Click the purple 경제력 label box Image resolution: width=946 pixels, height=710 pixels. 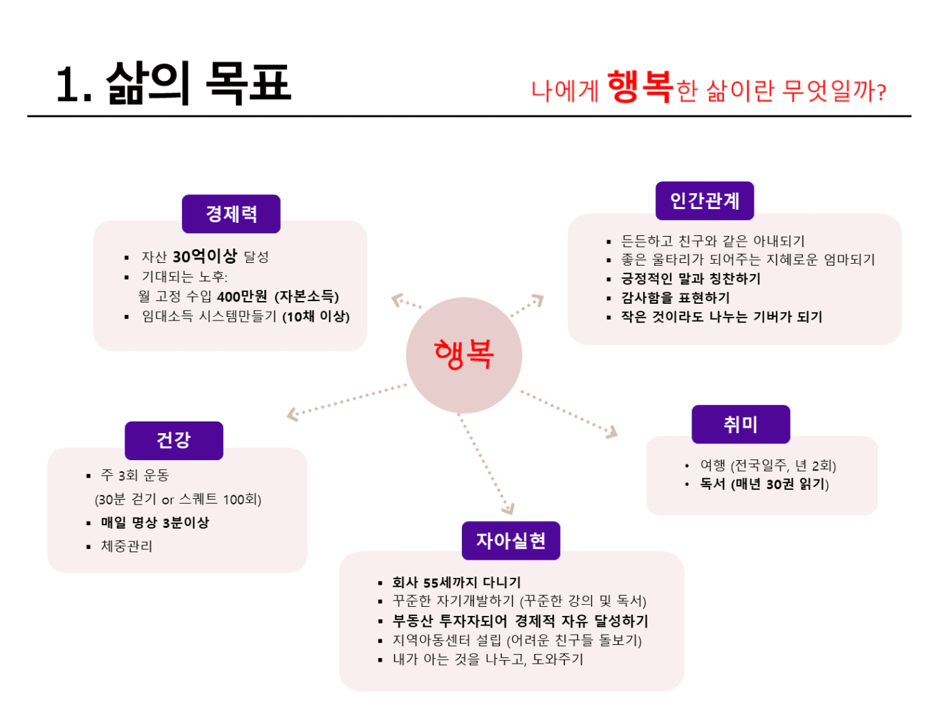(231, 214)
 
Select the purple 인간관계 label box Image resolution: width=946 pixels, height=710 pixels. (704, 201)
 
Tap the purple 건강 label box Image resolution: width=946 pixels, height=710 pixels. (174, 440)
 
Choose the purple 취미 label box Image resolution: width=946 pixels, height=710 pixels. (740, 424)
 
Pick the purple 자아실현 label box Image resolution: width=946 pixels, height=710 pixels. (510, 540)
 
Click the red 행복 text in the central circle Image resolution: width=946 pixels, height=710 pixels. (463, 354)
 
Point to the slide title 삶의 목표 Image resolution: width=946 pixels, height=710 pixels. (198, 83)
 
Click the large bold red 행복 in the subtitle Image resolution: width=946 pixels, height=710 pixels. (640, 87)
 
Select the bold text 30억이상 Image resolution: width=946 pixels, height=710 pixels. (205, 257)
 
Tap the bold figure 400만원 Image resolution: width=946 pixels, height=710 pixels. (241, 297)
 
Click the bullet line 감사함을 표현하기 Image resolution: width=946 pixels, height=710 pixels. (676, 298)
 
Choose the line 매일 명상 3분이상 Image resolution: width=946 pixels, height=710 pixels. (155, 522)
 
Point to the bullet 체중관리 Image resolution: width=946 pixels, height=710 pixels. (127, 546)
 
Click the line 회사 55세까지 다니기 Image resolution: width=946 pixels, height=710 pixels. (456, 582)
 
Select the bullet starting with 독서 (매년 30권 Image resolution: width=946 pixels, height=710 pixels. (764, 484)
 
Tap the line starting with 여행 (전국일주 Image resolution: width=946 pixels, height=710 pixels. (768, 465)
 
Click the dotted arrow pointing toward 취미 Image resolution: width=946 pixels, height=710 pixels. (568, 414)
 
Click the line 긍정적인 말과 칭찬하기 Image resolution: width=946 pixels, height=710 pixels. (690, 279)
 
